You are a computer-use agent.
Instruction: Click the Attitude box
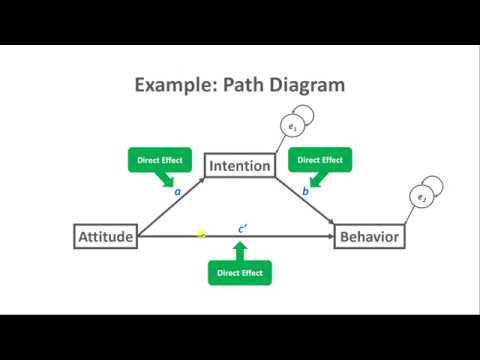coord(105,236)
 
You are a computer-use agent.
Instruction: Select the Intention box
coord(238,165)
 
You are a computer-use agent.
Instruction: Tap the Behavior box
coord(369,236)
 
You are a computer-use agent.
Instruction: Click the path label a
coord(177,190)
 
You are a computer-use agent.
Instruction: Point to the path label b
coord(305,190)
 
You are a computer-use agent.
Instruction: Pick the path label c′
coord(242,227)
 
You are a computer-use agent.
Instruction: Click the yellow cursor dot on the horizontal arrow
coord(201,234)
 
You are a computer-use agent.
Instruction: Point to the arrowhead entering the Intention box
coord(201,179)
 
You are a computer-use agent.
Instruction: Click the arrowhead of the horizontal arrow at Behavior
coord(330,236)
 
